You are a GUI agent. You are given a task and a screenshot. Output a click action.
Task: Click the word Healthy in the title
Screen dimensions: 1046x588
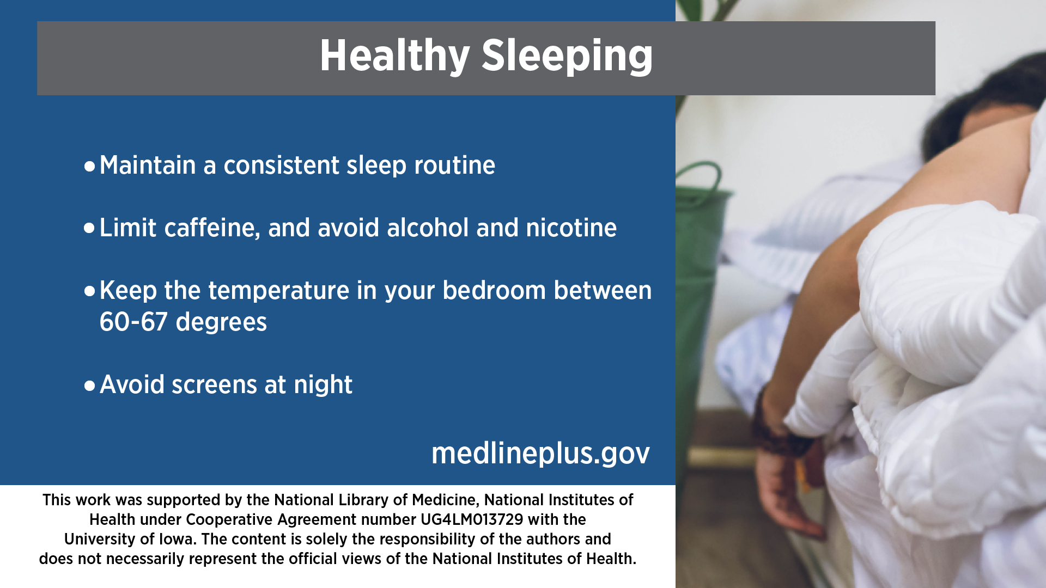[x=394, y=56]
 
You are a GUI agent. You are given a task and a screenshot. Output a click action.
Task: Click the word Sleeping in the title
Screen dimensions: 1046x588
[x=567, y=56]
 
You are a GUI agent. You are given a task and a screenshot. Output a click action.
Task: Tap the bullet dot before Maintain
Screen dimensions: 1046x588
[x=89, y=166]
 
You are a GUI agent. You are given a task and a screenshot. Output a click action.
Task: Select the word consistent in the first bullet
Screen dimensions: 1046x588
[x=281, y=165]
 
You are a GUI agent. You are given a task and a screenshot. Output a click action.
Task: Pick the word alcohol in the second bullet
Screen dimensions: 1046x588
[x=428, y=227]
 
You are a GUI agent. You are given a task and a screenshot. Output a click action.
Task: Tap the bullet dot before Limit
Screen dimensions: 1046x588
[x=89, y=228]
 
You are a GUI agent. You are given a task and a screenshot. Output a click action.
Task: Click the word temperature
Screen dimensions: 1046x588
[x=278, y=290]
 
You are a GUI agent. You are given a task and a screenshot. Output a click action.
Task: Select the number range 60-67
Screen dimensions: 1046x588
[x=133, y=322]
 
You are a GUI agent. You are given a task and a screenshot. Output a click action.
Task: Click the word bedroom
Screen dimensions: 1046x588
[x=494, y=290]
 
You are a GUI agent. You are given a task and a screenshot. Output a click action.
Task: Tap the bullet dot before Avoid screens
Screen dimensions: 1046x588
[x=89, y=386]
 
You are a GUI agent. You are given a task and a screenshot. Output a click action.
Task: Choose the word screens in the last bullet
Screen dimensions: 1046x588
[x=214, y=385]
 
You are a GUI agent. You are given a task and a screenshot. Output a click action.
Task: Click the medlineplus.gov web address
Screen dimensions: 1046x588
[x=540, y=453]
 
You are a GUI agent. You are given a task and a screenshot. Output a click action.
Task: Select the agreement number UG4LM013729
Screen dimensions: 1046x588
[x=472, y=519]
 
